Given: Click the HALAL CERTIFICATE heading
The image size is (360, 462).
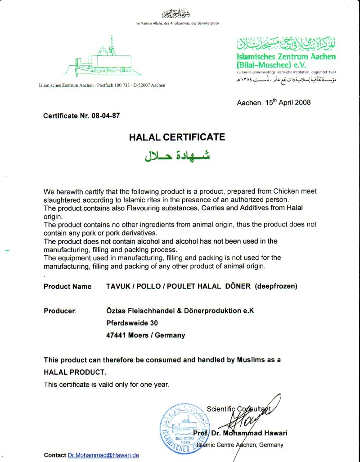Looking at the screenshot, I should click(x=177, y=137).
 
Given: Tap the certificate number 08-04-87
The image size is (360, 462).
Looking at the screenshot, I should click(x=106, y=116).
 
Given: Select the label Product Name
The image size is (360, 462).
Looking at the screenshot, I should click(x=67, y=286).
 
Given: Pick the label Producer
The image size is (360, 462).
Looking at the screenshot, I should click(x=60, y=311).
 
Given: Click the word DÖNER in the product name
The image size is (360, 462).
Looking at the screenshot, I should click(x=237, y=286).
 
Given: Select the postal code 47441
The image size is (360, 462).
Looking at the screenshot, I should click(x=116, y=335).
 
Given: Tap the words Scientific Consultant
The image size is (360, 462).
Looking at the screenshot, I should click(x=238, y=409).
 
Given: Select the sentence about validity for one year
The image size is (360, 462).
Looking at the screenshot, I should click(x=106, y=384).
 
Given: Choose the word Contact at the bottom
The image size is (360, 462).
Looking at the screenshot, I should click(x=55, y=455).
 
